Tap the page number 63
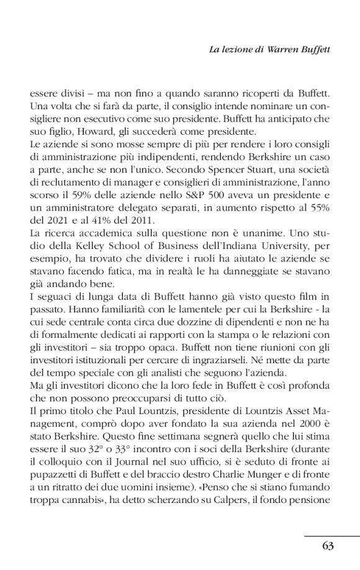tap(328, 546)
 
